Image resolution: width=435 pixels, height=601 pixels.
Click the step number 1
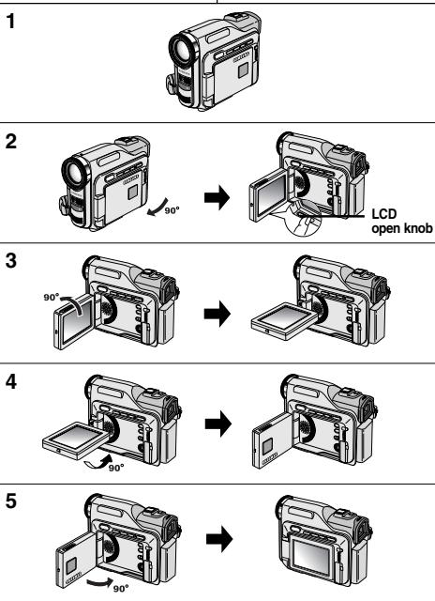pyautogui.click(x=10, y=21)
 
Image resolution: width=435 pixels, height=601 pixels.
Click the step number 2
pyautogui.click(x=11, y=142)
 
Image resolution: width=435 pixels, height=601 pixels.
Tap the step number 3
pyautogui.click(x=11, y=261)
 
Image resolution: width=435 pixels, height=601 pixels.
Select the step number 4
pyautogui.click(x=11, y=382)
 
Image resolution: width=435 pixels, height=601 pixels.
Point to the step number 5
pyautogui.click(x=11, y=501)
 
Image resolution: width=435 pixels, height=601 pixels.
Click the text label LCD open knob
pyautogui.click(x=402, y=222)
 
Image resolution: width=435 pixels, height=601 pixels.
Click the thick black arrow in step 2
pyautogui.click(x=217, y=198)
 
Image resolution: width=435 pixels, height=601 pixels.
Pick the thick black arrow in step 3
pyautogui.click(x=217, y=314)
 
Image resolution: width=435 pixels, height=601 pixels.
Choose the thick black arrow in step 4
pyautogui.click(x=218, y=424)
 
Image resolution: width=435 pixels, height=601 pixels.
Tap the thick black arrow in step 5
pyautogui.click(x=219, y=539)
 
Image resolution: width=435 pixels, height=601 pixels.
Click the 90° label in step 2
pyautogui.click(x=172, y=210)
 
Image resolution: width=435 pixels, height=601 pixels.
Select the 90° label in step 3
pyautogui.click(x=52, y=297)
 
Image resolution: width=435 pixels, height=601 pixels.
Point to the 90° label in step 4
pyautogui.click(x=116, y=468)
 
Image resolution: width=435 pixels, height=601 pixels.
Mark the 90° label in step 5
pyautogui.click(x=121, y=589)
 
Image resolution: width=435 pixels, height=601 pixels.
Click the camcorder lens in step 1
pyautogui.click(x=183, y=50)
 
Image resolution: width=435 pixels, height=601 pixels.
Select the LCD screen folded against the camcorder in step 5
pyautogui.click(x=312, y=555)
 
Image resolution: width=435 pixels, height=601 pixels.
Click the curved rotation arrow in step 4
pyautogui.click(x=99, y=461)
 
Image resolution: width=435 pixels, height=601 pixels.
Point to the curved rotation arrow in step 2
pyautogui.click(x=157, y=208)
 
